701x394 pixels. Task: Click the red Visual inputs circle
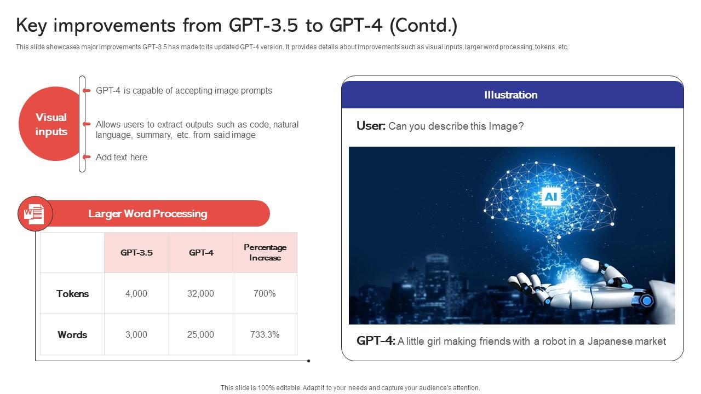50,124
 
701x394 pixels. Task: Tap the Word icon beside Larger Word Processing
35,213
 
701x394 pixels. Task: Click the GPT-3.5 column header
136,252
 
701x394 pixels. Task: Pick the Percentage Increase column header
265,252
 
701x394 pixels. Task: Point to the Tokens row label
72,294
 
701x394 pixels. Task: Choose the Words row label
72,335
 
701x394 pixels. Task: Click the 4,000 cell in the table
136,294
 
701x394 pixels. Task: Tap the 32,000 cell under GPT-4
201,294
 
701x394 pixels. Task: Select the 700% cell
265,294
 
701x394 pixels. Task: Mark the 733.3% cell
265,335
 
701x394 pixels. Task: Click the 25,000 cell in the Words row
201,335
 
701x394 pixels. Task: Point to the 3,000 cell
136,335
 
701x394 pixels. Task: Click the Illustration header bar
512,95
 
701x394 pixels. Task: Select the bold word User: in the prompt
371,126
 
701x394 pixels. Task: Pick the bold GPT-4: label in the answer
376,341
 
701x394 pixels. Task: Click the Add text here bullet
122,157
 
